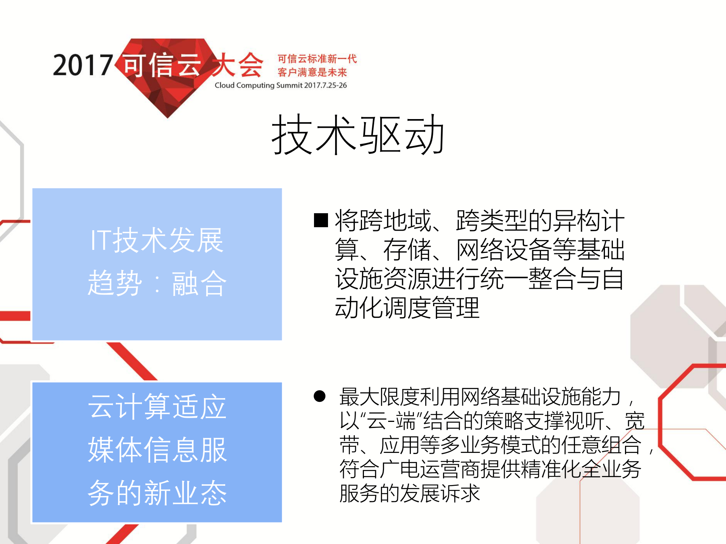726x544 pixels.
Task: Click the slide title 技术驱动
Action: pyautogui.click(x=358, y=135)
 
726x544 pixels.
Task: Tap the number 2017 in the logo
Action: pyautogui.click(x=83, y=65)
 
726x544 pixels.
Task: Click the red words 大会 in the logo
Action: pyautogui.click(x=237, y=65)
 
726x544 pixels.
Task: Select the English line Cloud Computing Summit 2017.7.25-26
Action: pyautogui.click(x=281, y=85)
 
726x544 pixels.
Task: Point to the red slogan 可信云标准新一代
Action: pyautogui.click(x=317, y=59)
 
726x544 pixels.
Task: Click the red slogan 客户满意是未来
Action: pyautogui.click(x=312, y=72)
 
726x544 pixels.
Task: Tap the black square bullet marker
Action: pyautogui.click(x=321, y=220)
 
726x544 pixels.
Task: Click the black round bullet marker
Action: pyautogui.click(x=320, y=396)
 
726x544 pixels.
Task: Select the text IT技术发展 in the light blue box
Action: pyautogui.click(x=157, y=240)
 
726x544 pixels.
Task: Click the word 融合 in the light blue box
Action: pyautogui.click(x=199, y=284)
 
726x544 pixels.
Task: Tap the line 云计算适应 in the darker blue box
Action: pyautogui.click(x=157, y=407)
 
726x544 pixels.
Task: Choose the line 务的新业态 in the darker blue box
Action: pyautogui.click(x=157, y=493)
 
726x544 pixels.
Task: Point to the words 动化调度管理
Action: pyautogui.click(x=407, y=308)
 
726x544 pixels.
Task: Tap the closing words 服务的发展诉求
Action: pyautogui.click(x=410, y=493)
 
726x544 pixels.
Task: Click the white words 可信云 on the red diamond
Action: pyautogui.click(x=162, y=65)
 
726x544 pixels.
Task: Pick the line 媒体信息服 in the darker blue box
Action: pyautogui.click(x=157, y=450)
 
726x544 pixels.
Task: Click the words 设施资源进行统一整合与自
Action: pyautogui.click(x=479, y=279)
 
